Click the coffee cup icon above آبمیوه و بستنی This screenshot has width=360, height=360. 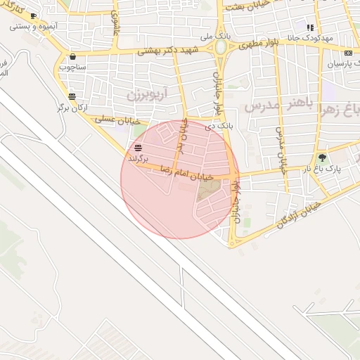pyautogui.click(x=33, y=15)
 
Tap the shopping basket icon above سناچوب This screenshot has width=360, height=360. pyautogui.click(x=73, y=57)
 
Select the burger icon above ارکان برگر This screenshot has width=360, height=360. pyautogui.click(x=72, y=96)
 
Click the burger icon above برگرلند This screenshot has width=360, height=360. pyautogui.click(x=138, y=147)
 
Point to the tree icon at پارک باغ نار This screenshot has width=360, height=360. pyautogui.click(x=322, y=158)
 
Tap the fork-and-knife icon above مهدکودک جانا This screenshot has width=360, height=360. pyautogui.click(x=311, y=27)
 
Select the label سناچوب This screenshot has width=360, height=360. pyautogui.click(x=72, y=67)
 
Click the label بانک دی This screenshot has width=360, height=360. pyautogui.click(x=218, y=126)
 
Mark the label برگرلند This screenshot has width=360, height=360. pyautogui.click(x=139, y=158)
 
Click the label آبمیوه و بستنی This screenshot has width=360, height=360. pyautogui.click(x=33, y=26)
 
